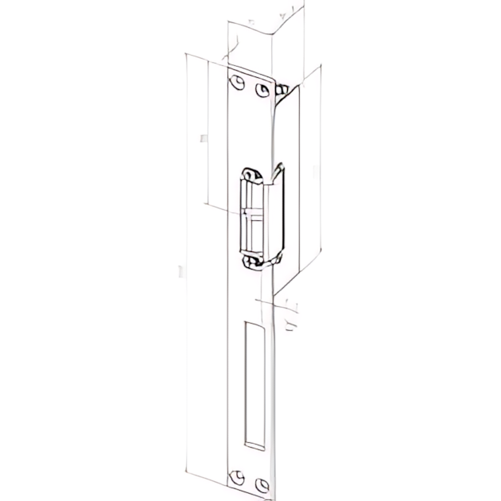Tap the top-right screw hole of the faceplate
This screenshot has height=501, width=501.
pos(261,88)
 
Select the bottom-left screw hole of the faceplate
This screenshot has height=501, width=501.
pos(235,476)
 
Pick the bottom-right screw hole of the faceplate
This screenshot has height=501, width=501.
pos(261,483)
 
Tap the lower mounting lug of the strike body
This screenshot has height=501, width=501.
pos(252,261)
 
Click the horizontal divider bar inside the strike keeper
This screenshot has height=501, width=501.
pos(252,213)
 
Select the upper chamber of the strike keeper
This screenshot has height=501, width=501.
pos(252,195)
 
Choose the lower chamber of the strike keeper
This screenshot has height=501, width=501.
pos(254,233)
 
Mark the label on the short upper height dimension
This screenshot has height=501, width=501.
pos(203,139)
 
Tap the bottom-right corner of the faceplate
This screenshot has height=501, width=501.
pos(276,493)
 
